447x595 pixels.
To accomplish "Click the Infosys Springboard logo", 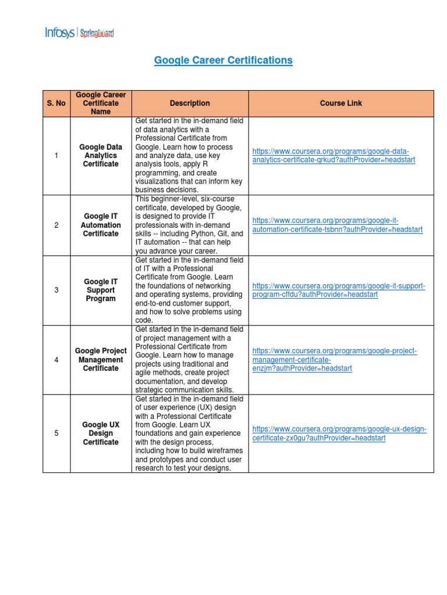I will (79, 33).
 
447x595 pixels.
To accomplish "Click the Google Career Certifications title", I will (223, 60).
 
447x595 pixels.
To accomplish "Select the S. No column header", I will (56, 103).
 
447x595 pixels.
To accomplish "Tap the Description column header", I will (190, 103).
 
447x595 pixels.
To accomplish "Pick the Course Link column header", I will (340, 103).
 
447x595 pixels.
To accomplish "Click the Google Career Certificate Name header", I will (101, 103).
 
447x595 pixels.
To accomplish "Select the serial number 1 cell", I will (56, 156).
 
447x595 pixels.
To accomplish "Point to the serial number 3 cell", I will (56, 290).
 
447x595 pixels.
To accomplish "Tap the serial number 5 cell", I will (56, 433).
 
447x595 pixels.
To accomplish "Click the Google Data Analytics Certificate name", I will (101, 156).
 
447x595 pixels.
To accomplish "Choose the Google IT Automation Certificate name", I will (101, 225).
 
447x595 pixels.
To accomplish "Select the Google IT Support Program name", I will (101, 290).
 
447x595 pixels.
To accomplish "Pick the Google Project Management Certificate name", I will (101, 360).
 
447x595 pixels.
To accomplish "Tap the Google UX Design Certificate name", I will (101, 433).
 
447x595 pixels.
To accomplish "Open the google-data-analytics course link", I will (334, 156).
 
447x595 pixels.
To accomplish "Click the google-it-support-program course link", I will (339, 290).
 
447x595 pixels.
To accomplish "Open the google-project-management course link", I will (335, 360).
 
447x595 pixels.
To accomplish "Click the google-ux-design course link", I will (339, 433).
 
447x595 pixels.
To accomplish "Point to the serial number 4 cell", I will (56, 360).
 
